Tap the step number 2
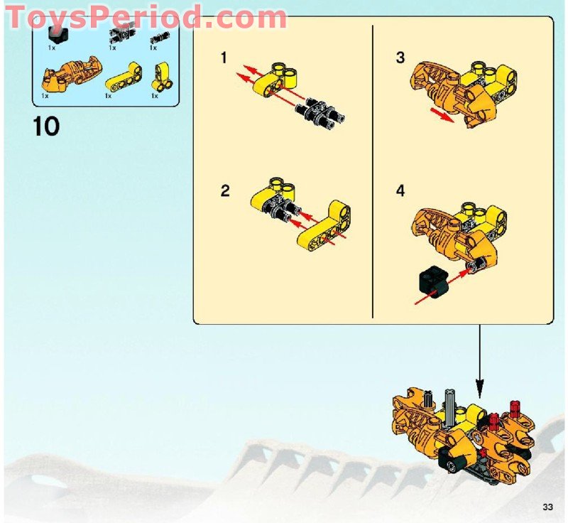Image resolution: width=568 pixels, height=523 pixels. point(225,191)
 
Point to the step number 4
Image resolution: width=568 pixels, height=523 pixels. point(400,191)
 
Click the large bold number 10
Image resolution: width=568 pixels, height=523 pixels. point(46,127)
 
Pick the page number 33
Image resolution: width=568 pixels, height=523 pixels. point(547,507)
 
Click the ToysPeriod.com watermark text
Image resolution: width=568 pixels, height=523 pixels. point(146,16)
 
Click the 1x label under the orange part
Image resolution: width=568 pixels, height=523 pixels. point(45,95)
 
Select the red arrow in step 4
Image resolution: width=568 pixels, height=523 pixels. point(441,286)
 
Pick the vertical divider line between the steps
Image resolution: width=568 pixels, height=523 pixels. point(373,171)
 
